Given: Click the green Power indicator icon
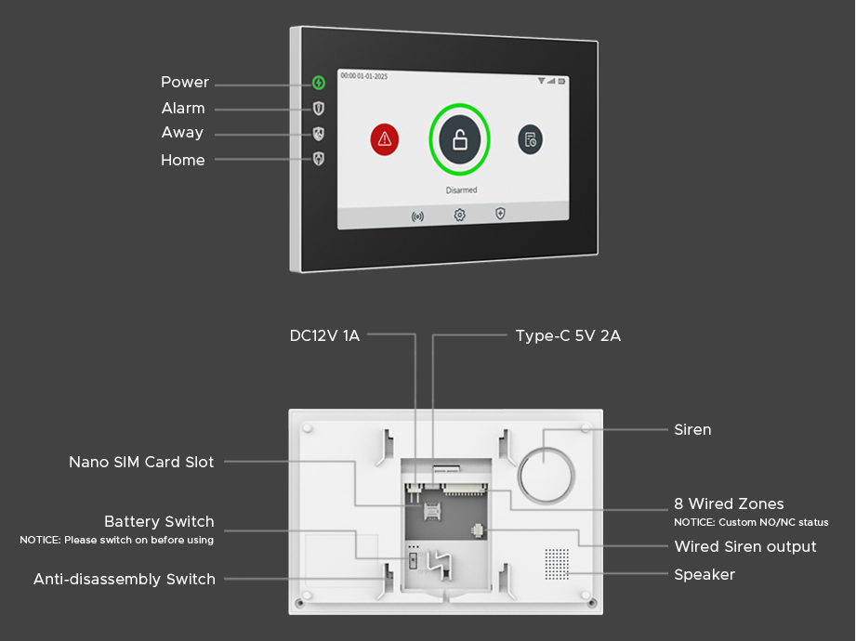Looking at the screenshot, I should pos(319,83).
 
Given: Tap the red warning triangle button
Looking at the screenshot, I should pos(384,139).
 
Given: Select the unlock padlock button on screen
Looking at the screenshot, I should pos(459,140).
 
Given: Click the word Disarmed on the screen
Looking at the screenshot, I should pos(461,190).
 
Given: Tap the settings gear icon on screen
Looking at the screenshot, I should pos(459,216).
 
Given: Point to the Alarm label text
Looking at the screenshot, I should pos(183,108).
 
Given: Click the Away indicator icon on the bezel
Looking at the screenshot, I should pos(319,134).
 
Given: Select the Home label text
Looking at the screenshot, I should pos(183,160).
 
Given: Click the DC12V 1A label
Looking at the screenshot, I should pos(324,335).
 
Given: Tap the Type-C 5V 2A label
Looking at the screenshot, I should pos(568,335).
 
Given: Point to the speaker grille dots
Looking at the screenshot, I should pos(556,562).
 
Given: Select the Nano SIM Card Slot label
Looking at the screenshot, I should pos(141,462).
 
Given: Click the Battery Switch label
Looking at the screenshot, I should pos(159,521).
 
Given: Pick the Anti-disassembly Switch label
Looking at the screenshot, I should pos(125,579).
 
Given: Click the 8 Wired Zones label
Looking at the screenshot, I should pos(729,504).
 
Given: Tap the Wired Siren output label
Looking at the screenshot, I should pos(745,546).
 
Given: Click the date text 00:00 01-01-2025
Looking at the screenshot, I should pos(364,76).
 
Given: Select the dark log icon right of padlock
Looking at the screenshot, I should pos(530,139).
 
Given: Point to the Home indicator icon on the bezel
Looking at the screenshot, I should pos(319,159).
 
